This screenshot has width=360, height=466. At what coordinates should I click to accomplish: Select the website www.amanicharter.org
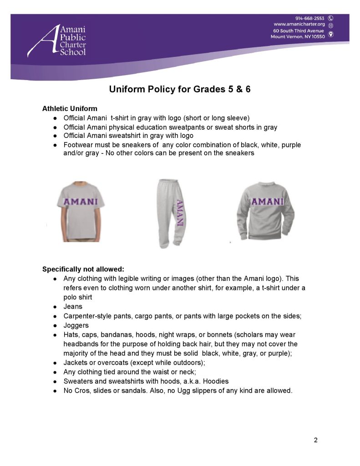tap(299, 24)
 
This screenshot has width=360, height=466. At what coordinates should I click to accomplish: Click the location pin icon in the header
tap(331, 34)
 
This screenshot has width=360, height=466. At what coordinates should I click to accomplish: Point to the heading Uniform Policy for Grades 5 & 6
tap(180, 89)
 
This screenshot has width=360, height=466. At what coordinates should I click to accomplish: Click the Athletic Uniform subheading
tap(70, 109)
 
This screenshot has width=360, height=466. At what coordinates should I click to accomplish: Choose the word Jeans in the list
tap(73, 307)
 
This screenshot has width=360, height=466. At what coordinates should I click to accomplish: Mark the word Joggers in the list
tap(76, 326)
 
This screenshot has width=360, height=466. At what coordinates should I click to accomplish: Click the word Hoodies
tap(216, 381)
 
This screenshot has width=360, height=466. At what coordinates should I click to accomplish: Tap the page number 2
tap(315, 440)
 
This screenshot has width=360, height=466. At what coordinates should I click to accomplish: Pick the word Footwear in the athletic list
tap(78, 145)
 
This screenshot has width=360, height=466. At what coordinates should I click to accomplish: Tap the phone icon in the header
tap(331, 18)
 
